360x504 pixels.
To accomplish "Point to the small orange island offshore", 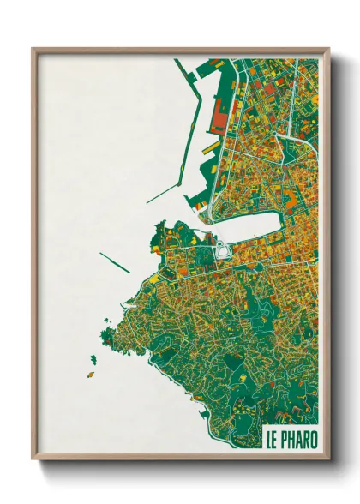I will pos(90,375).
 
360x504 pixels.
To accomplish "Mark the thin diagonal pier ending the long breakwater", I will pos(162,195).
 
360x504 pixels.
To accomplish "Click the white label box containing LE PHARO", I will pos(291,440).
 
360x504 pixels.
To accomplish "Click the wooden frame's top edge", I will pos(180,51).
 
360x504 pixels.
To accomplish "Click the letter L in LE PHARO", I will pos(269,440).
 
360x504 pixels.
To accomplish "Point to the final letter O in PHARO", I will pos(314,440).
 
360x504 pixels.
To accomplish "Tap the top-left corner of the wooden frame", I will pos(34,51).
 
